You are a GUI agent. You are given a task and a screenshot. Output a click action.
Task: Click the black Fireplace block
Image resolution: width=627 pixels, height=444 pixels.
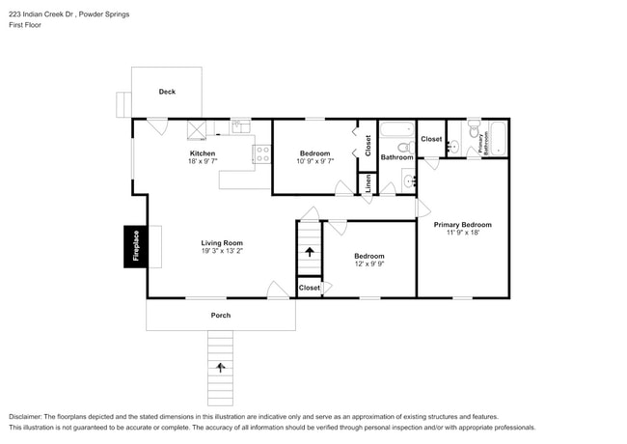pyautogui.click(x=135, y=245)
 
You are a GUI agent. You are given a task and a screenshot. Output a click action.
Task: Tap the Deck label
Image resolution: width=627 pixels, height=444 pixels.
pyautogui.click(x=167, y=93)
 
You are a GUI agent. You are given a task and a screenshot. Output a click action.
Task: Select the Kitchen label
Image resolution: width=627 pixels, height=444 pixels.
pyautogui.click(x=202, y=153)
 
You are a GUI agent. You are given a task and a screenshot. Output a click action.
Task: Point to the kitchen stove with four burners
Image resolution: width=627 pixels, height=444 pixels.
pyautogui.click(x=261, y=153)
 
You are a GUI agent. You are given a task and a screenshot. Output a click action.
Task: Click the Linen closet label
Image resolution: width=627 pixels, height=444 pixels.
pyautogui.click(x=367, y=184)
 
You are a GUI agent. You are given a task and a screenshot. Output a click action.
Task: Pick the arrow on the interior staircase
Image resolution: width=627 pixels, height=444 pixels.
pyautogui.click(x=309, y=252)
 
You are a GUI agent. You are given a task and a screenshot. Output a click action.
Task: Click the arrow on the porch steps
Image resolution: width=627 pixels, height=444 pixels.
pyautogui.click(x=221, y=367)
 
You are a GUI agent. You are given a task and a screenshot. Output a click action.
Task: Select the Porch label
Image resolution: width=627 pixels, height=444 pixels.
pyautogui.click(x=221, y=316)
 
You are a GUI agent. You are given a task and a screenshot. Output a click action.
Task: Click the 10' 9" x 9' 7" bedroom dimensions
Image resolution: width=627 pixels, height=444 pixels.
pyautogui.click(x=314, y=161)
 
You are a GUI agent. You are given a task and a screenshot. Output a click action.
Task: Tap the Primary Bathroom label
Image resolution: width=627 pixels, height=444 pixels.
pyautogui.click(x=482, y=141)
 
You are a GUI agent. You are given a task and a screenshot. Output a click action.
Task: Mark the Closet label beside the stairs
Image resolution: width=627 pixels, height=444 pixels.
pyautogui.click(x=309, y=288)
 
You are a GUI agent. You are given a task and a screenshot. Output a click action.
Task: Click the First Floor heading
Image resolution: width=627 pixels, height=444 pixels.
pyautogui.click(x=25, y=25)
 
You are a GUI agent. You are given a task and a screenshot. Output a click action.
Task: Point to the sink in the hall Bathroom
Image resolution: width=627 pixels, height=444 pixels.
pyautogui.click(x=409, y=180)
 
